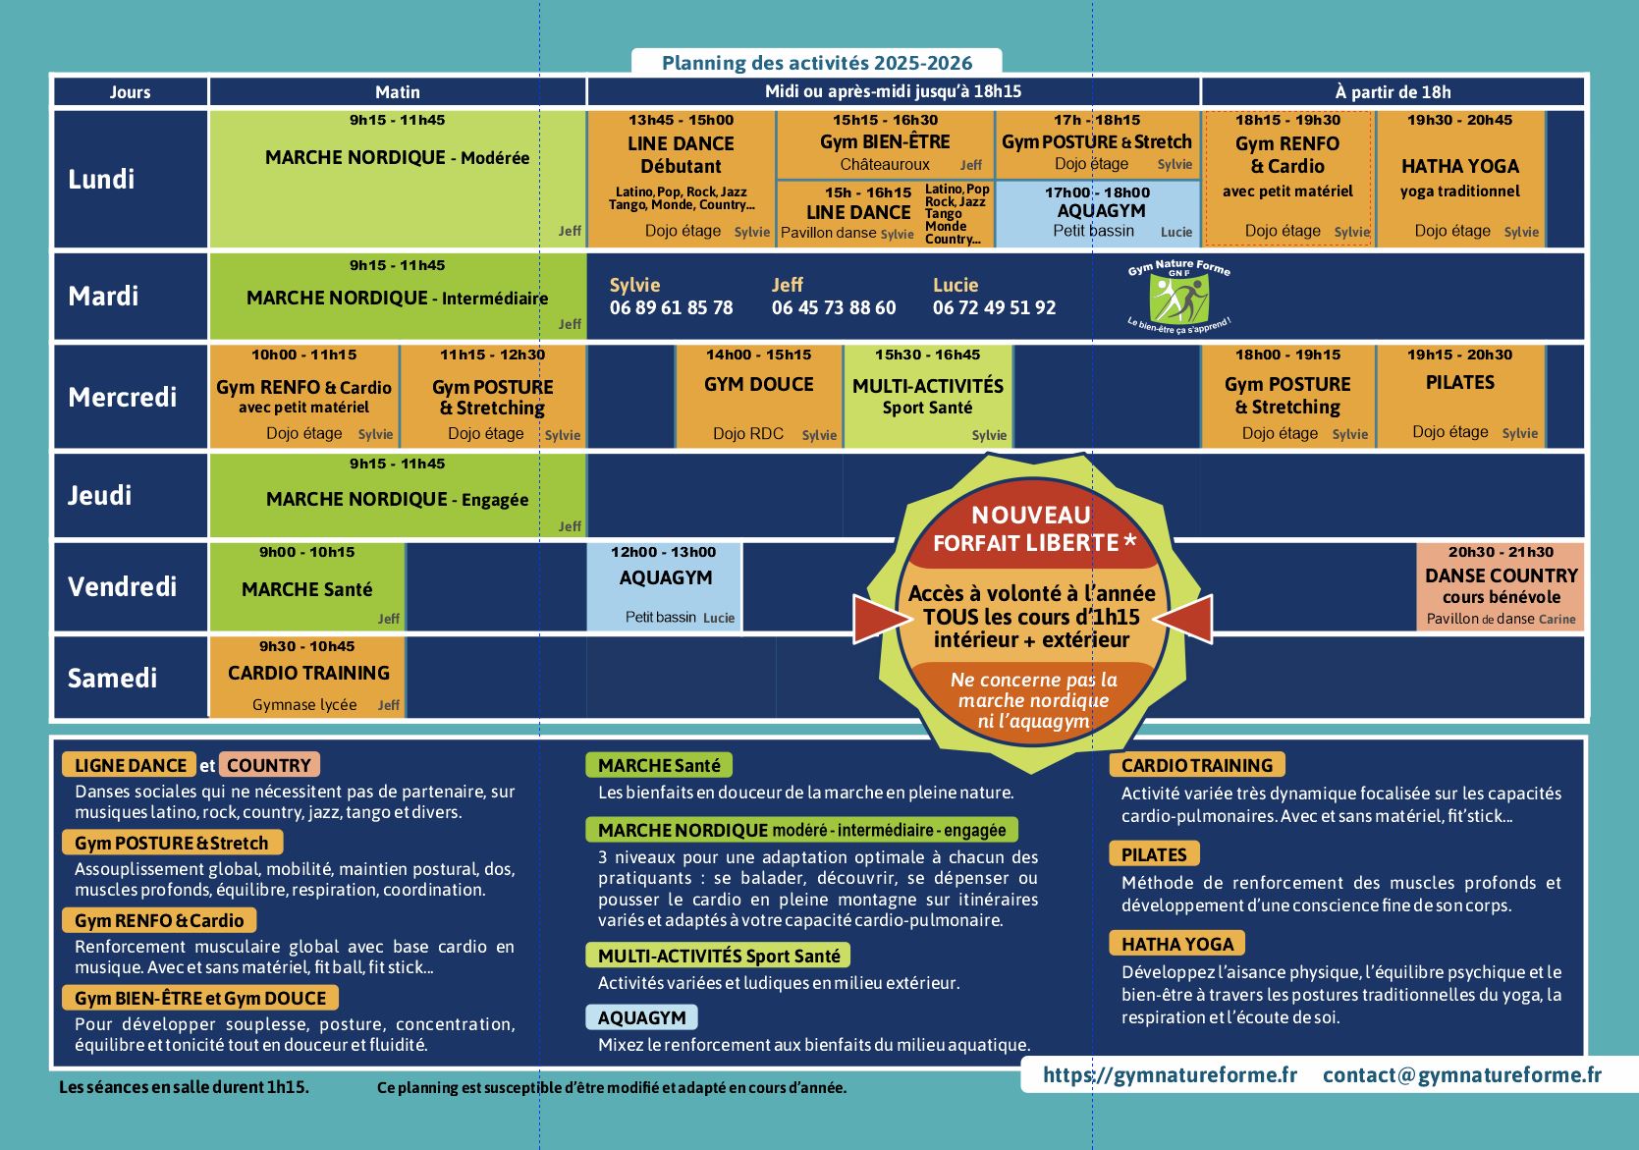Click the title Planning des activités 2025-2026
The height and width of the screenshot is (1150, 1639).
pos(817,63)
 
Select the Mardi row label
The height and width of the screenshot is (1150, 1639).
pos(103,297)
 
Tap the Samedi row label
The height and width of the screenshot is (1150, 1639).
pos(112,679)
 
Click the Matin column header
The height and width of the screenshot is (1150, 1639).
pos(398,91)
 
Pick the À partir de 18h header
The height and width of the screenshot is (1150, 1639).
pos(1393,91)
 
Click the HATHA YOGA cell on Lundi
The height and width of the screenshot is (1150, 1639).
pos(1460,179)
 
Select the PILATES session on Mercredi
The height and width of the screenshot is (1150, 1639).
pos(1460,396)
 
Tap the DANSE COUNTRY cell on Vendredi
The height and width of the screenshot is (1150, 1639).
pos(1501,586)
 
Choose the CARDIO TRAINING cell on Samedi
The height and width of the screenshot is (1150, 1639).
pos(307,677)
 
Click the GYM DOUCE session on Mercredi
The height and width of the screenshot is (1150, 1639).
pos(759,396)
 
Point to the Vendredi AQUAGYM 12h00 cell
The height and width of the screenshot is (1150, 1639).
pos(665,586)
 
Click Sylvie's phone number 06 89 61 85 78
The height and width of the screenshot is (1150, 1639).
pos(671,308)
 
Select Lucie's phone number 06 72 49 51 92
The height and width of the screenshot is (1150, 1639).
pos(994,308)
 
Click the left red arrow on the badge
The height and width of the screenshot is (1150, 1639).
pos(882,619)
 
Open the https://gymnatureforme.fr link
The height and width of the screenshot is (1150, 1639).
pos(1170,1074)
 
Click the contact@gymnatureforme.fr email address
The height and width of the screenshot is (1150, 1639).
pos(1462,1074)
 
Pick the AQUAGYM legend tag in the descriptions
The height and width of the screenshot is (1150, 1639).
pos(641,1017)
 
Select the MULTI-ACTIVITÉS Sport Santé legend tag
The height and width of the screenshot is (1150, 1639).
pos(719,956)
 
